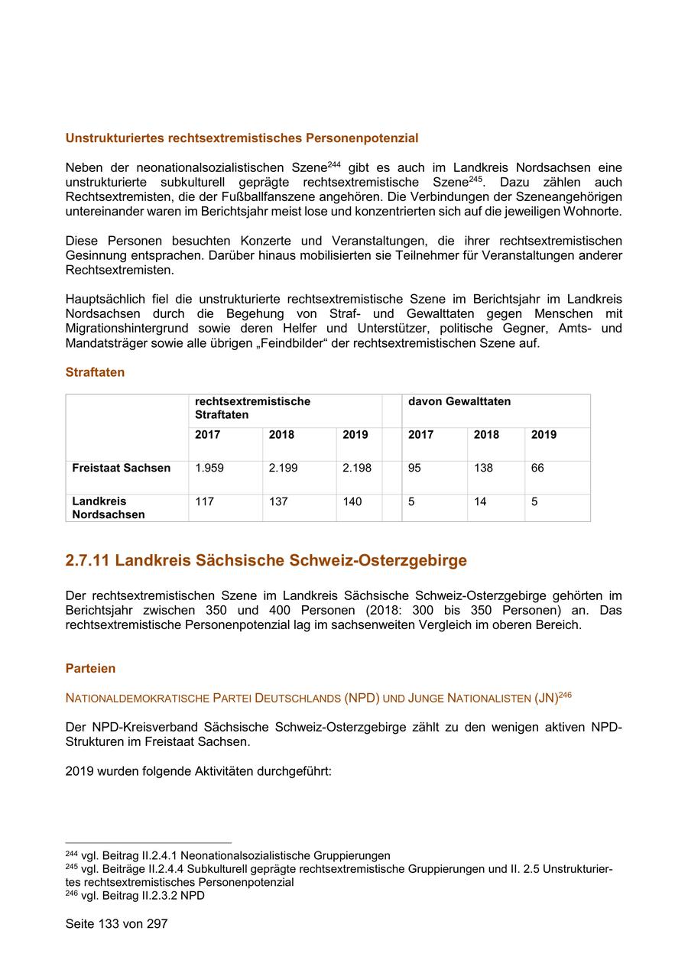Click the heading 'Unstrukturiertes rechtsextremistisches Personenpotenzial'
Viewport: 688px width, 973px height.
242,138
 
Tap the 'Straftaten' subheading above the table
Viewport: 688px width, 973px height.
95,372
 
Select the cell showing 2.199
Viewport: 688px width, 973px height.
283,468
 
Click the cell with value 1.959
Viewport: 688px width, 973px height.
209,468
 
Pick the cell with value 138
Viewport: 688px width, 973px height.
483,468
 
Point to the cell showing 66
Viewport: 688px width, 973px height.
537,468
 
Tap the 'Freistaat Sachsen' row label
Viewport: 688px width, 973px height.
121,468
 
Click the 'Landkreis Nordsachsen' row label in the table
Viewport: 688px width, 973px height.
108,508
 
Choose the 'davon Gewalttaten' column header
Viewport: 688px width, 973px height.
459,401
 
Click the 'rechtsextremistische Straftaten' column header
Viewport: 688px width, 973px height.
252,407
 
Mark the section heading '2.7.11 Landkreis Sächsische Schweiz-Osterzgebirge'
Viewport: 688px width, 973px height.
266,560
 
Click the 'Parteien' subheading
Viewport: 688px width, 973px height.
90,668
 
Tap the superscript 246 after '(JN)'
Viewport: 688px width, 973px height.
565,694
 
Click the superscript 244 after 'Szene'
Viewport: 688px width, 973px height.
333,164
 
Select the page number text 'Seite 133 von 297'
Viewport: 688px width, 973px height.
116,923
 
